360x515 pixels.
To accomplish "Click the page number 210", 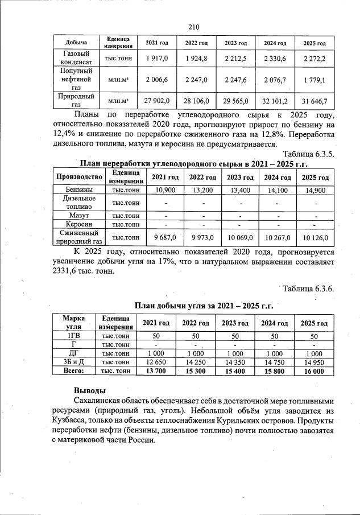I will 193,26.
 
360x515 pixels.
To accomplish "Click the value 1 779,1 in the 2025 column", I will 313,80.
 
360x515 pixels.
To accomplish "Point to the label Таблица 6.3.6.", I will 308,289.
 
